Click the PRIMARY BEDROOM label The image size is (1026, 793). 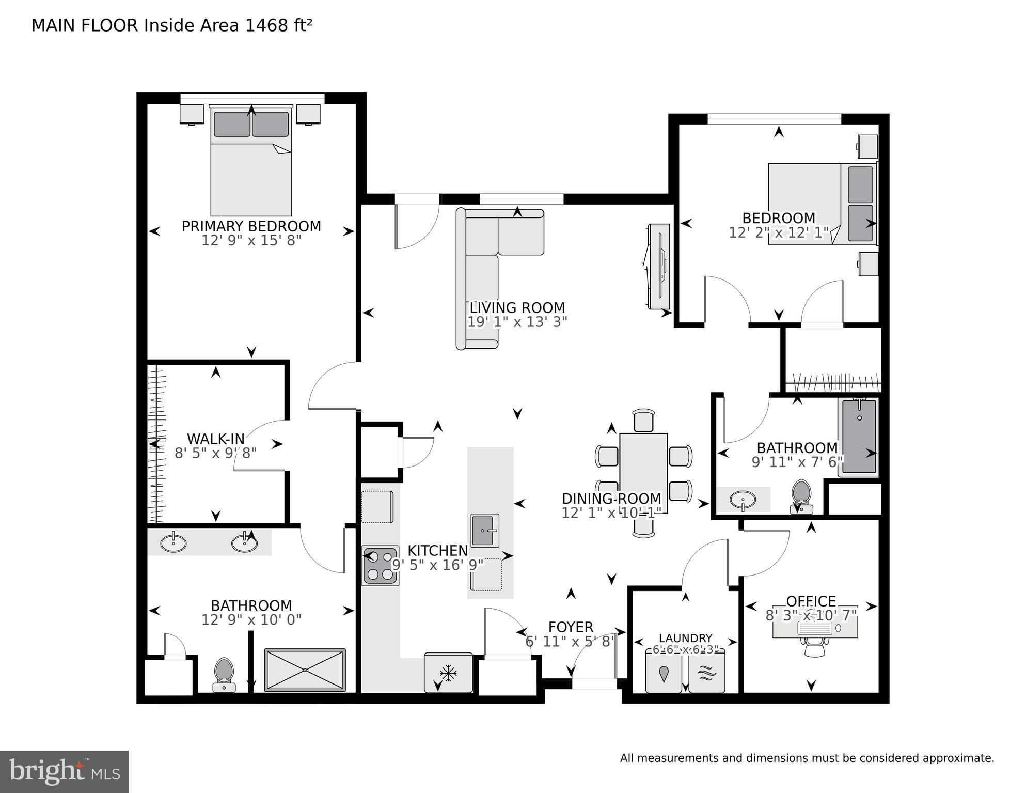(251, 226)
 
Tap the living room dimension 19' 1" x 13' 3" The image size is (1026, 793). (517, 322)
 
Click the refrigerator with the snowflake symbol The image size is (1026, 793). (448, 673)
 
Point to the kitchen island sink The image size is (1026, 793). (485, 530)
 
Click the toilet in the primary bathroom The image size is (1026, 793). (224, 673)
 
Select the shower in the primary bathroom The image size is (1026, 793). (305, 670)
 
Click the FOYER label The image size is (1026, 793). (571, 627)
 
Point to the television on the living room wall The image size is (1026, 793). (658, 267)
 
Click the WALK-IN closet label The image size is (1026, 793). (215, 439)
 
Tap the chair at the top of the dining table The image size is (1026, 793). (643, 420)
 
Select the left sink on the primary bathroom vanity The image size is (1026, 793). (173, 542)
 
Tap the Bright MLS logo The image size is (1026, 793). (64, 771)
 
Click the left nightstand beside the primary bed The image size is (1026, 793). (192, 114)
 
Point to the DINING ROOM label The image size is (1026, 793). (611, 499)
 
